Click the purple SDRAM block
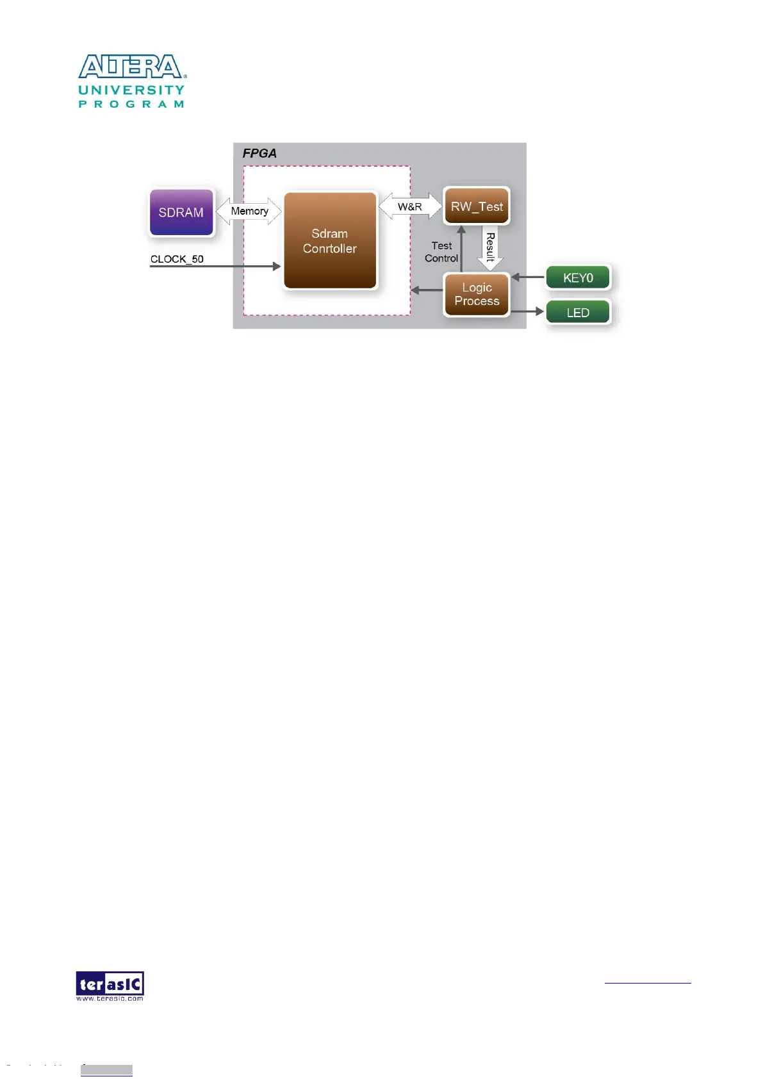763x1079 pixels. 181,212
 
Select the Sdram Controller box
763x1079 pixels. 330,241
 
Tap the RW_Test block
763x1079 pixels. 477,206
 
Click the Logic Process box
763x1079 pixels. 477,294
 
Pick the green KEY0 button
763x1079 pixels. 578,278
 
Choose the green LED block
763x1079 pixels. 578,313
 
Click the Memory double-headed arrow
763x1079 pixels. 249,211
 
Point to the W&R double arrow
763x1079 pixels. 410,206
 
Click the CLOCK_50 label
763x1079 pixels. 177,259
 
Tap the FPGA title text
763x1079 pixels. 259,153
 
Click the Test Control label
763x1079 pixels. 441,252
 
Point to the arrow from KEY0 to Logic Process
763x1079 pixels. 528,277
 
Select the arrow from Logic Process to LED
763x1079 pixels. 527,311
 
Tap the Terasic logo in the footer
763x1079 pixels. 110,985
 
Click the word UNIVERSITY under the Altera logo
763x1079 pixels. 131,90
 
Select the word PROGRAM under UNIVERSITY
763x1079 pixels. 131,104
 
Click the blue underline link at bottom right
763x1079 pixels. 648,982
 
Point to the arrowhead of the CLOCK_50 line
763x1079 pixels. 277,266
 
